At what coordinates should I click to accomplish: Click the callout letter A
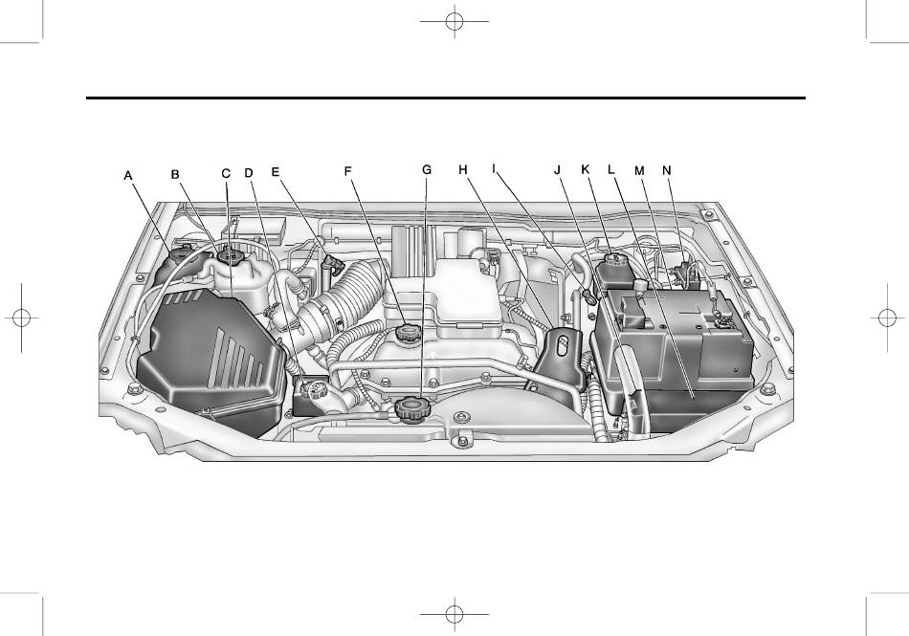[128, 175]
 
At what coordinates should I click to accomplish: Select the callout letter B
[175, 174]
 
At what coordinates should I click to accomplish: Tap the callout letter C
[226, 173]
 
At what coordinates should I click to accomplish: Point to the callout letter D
[249, 172]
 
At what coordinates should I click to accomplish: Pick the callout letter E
[276, 171]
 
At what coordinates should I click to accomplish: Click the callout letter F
[348, 171]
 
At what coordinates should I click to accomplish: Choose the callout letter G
[427, 169]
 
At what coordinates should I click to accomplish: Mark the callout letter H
[462, 169]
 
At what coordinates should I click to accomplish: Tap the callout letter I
[494, 168]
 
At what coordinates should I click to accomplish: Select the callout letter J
[558, 169]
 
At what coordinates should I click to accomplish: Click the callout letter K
[585, 169]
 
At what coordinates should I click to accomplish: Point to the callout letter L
[611, 169]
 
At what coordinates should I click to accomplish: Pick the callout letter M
[639, 170]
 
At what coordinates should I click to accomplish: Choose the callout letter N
[667, 170]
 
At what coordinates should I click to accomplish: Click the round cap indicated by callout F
[407, 333]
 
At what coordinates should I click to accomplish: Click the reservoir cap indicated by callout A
[183, 252]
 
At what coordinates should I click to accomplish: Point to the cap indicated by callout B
[230, 255]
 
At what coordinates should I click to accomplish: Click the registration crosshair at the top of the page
[454, 21]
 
